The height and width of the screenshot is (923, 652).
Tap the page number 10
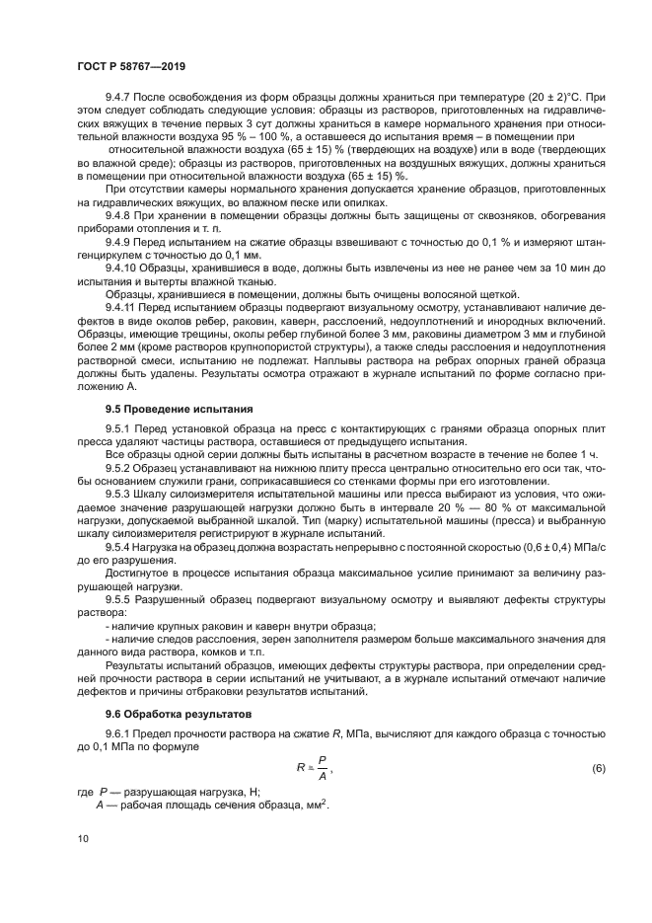[x=84, y=838]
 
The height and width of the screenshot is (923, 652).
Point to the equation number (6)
[x=599, y=768]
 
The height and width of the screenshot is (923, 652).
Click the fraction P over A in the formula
[x=323, y=768]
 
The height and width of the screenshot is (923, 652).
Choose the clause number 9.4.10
[x=123, y=268]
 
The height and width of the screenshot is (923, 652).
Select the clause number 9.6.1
[x=120, y=733]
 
